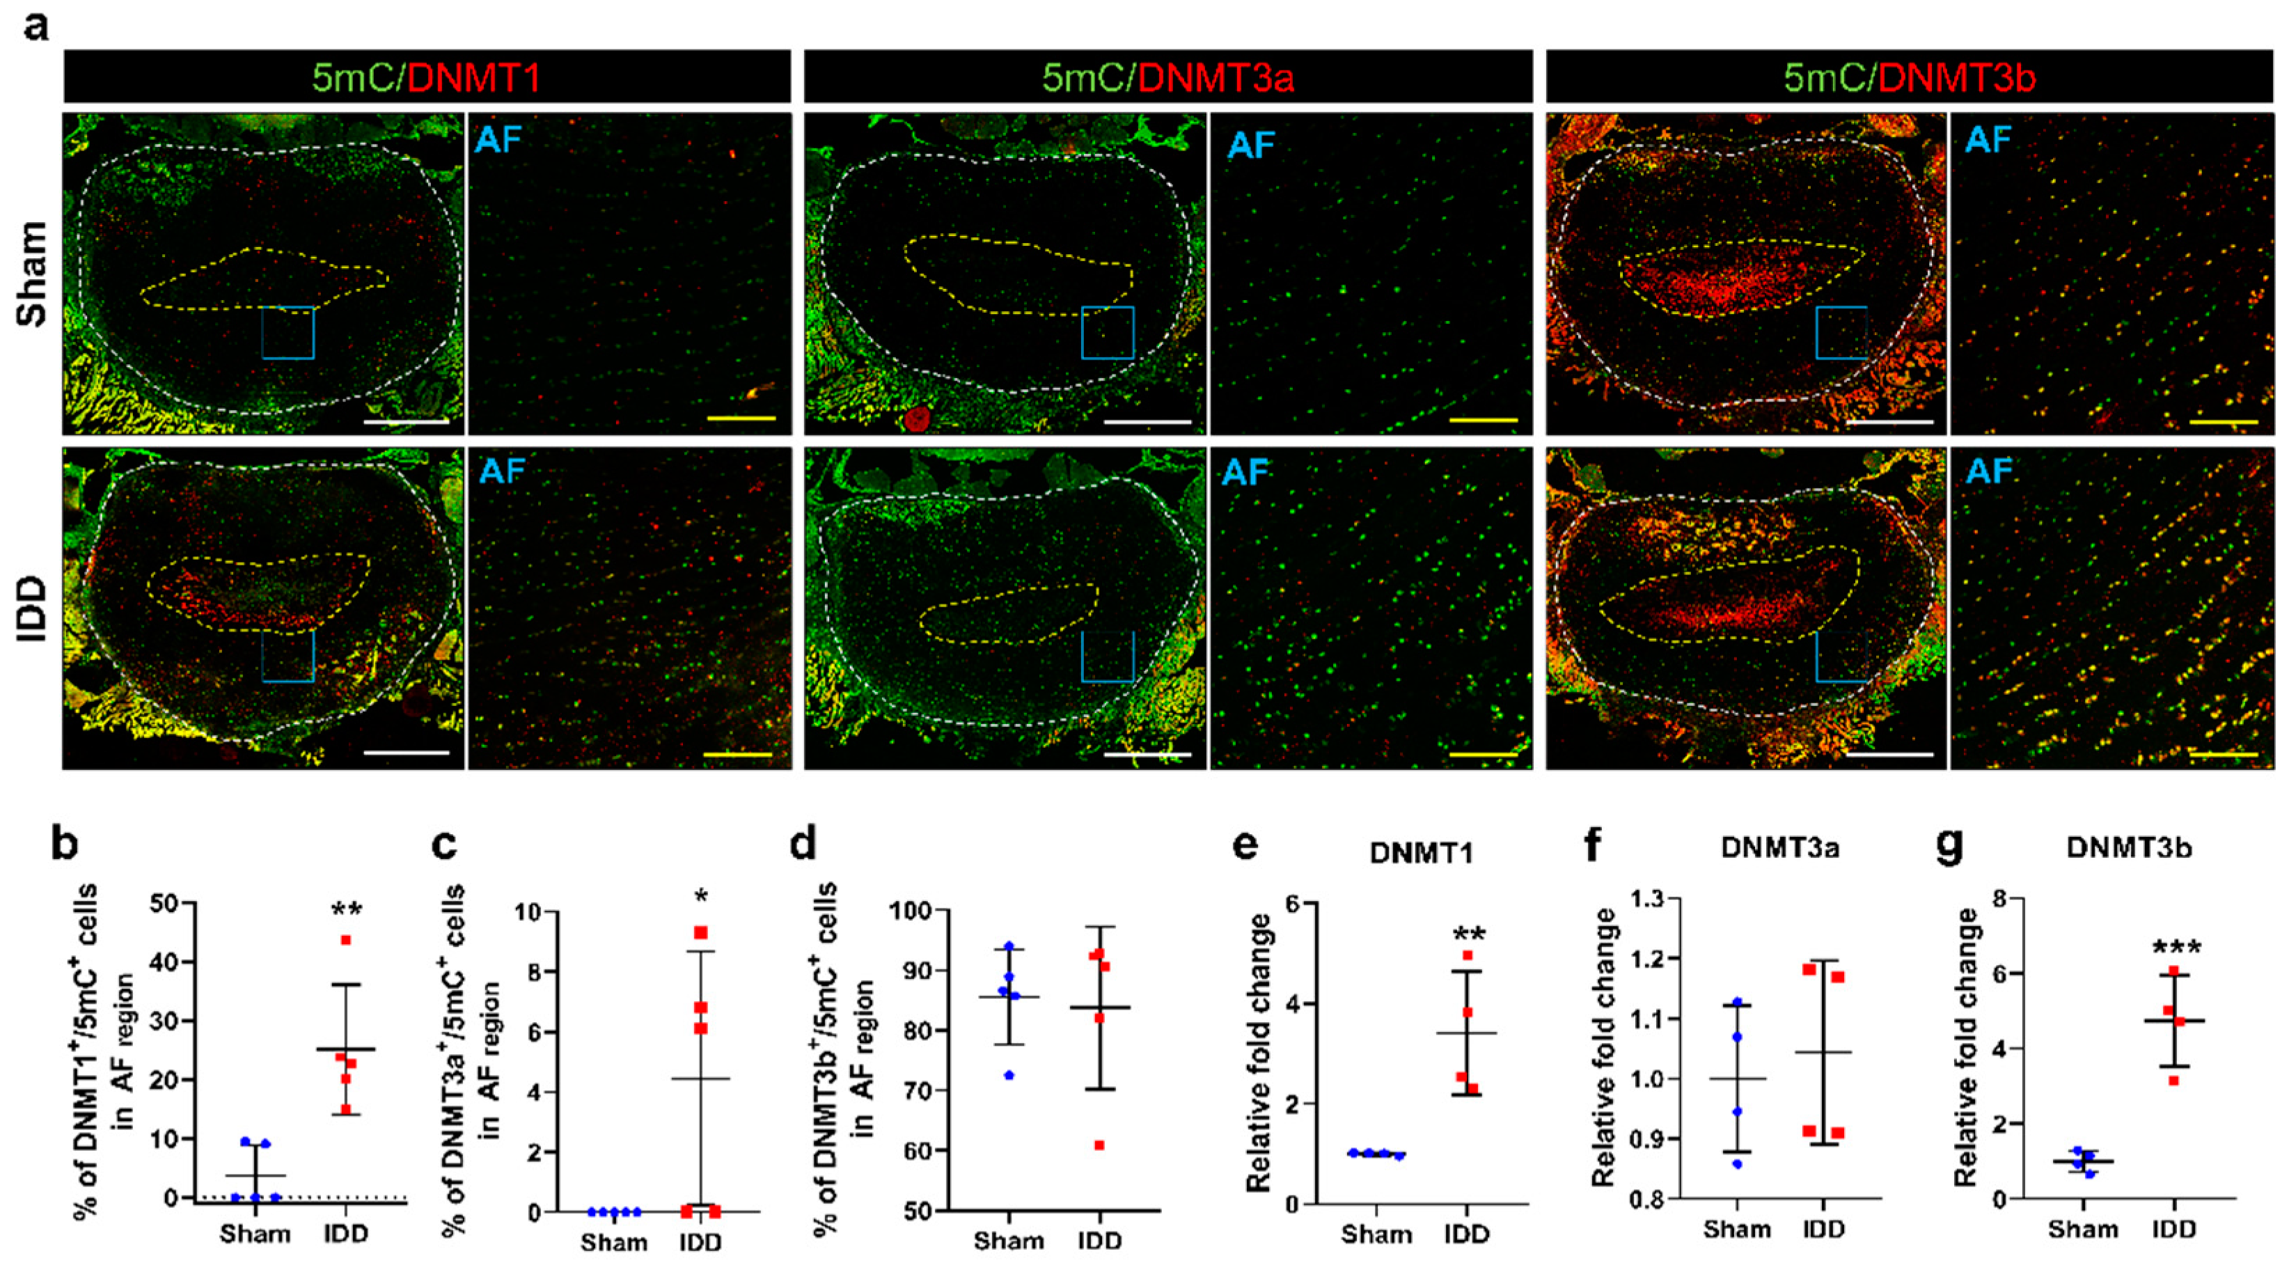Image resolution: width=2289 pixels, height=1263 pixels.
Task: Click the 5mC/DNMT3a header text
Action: [x=1167, y=78]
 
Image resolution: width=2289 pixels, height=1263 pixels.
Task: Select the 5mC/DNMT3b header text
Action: [x=1910, y=78]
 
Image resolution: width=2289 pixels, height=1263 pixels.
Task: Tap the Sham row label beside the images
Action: [x=34, y=274]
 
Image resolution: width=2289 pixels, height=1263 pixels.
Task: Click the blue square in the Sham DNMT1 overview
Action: [x=288, y=332]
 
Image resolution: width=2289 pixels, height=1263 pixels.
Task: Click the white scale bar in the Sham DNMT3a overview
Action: [x=1147, y=421]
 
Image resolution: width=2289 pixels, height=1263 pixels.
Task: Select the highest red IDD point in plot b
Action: [x=346, y=939]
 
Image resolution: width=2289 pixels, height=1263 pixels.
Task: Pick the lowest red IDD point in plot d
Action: [x=1099, y=1145]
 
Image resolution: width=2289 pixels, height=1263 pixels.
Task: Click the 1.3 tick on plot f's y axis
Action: [x=1650, y=900]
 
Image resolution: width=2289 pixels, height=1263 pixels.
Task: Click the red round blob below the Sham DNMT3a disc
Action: [x=916, y=418]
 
